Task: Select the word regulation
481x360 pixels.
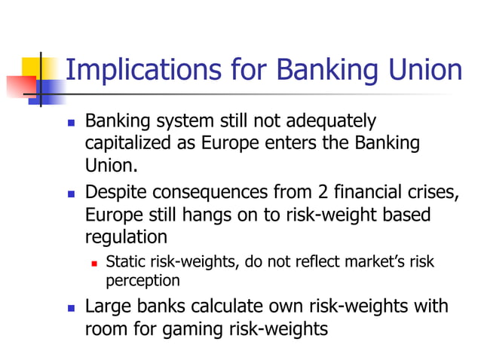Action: (x=125, y=237)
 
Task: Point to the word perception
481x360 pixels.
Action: (x=142, y=281)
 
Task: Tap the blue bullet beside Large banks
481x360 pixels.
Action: (x=71, y=308)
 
